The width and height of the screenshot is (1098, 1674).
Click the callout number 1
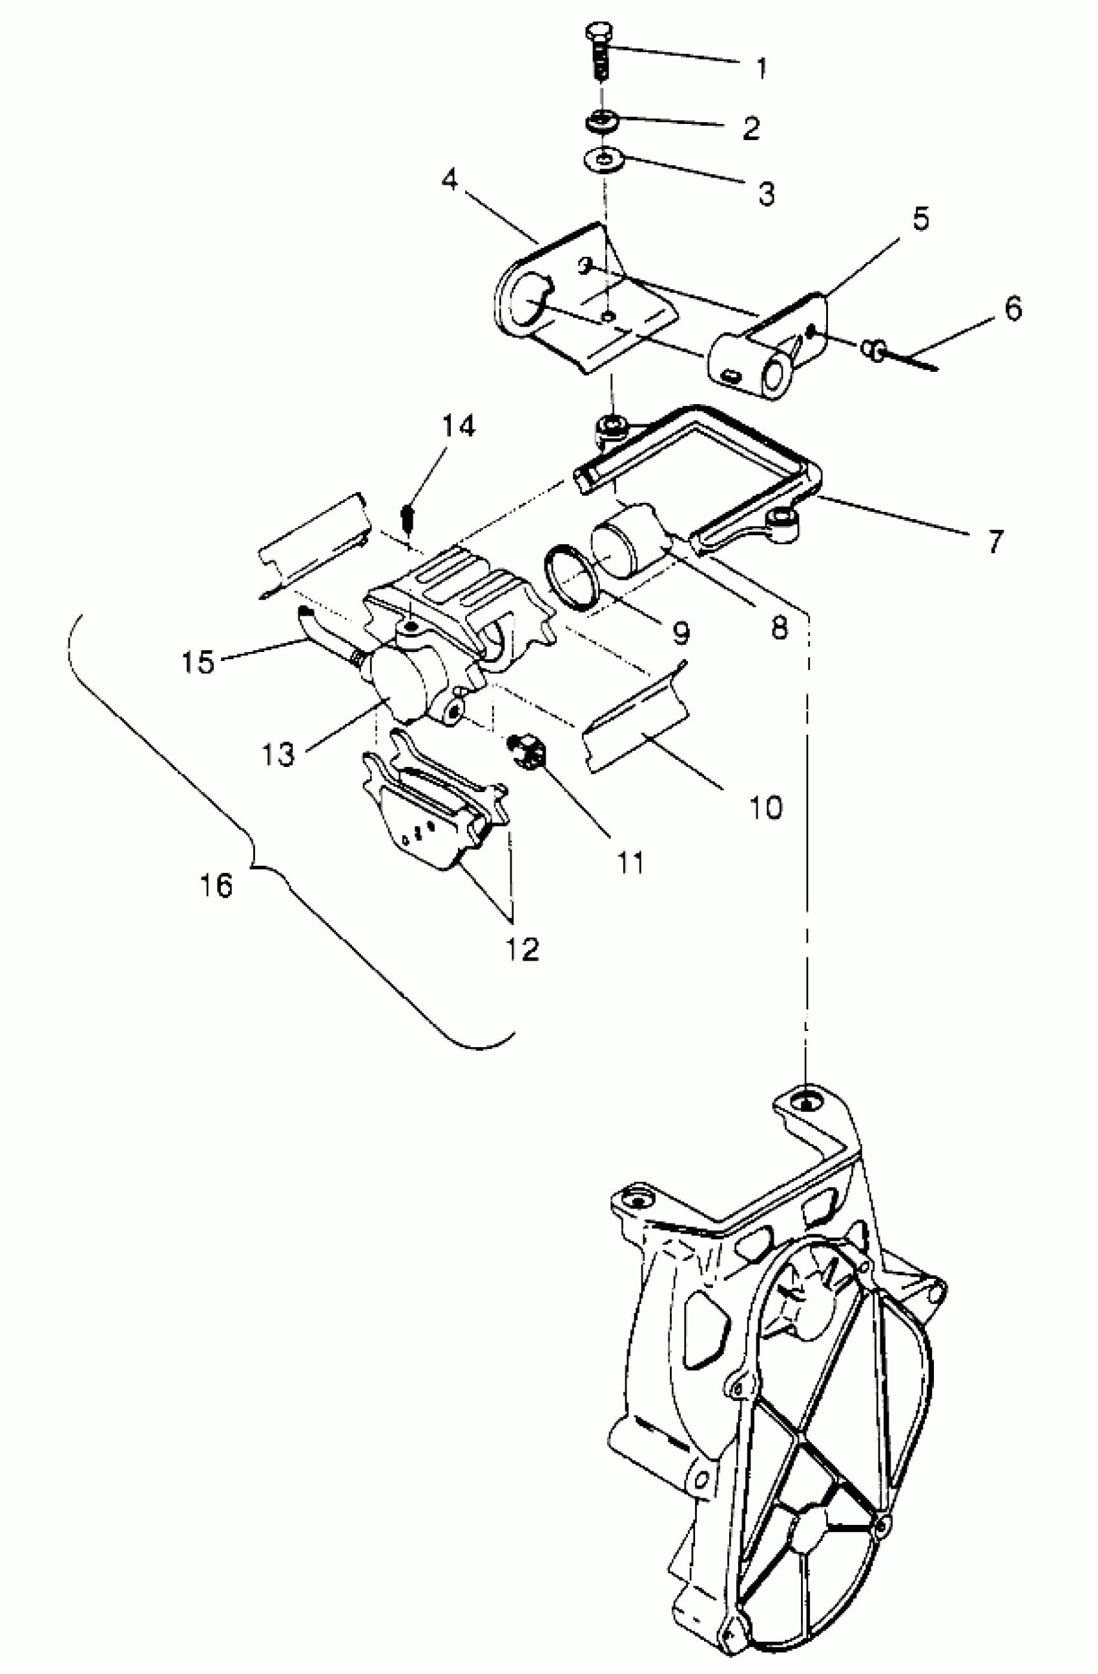(761, 68)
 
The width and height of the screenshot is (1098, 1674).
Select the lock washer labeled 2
(603, 121)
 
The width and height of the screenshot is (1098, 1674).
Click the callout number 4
(450, 181)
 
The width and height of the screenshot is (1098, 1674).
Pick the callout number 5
(920, 219)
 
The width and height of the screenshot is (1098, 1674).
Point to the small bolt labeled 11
(528, 748)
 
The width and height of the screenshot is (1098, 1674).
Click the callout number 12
(523, 949)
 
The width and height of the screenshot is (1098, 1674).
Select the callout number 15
(198, 661)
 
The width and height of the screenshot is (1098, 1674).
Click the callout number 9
(680, 634)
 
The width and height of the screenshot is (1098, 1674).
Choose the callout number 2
(751, 128)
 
